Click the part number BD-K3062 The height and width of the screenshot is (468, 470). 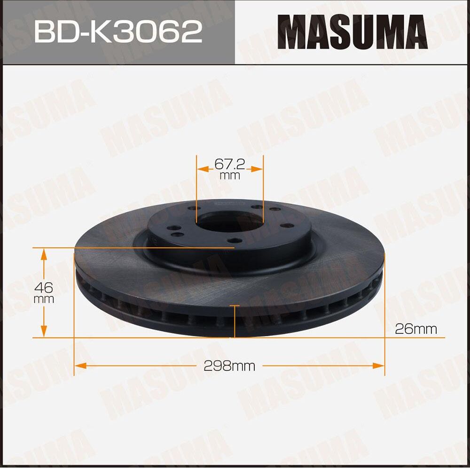click(118, 32)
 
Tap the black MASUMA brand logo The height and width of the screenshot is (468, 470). click(352, 32)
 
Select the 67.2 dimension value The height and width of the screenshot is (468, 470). click(230, 164)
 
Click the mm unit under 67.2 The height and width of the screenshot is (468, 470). click(230, 176)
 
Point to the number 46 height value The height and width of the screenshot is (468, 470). click(44, 287)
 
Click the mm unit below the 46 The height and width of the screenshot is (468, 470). click(44, 299)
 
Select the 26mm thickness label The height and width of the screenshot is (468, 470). click(415, 329)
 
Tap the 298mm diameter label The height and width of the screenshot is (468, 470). click(229, 366)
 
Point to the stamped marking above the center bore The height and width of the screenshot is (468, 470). click(223, 203)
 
